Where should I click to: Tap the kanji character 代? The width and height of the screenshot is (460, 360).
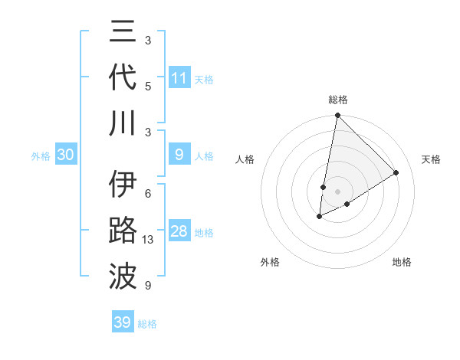pyautogui.click(x=123, y=78)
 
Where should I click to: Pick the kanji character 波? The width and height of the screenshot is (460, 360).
pyautogui.click(x=123, y=275)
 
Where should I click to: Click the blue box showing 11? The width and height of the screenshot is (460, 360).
pyautogui.click(x=179, y=78)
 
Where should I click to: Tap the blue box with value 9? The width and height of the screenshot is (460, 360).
pyautogui.click(x=179, y=155)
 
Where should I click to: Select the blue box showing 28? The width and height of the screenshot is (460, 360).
pyautogui.click(x=179, y=231)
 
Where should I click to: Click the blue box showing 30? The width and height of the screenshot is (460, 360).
pyautogui.click(x=66, y=155)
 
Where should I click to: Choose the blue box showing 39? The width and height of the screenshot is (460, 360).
pyautogui.click(x=123, y=322)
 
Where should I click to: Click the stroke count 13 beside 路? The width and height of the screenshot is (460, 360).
pyautogui.click(x=149, y=239)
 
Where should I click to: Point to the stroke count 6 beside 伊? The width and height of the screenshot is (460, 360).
pyautogui.click(x=148, y=194)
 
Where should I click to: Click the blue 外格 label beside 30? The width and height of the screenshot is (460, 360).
pyautogui.click(x=41, y=155)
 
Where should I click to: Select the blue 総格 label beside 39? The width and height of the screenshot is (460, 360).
pyautogui.click(x=147, y=323)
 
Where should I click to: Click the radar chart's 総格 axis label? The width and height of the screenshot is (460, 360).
pyautogui.click(x=337, y=100)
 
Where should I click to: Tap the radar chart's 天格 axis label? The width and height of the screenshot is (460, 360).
pyautogui.click(x=432, y=159)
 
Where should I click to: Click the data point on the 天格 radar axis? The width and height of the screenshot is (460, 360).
pyautogui.click(x=396, y=173)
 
